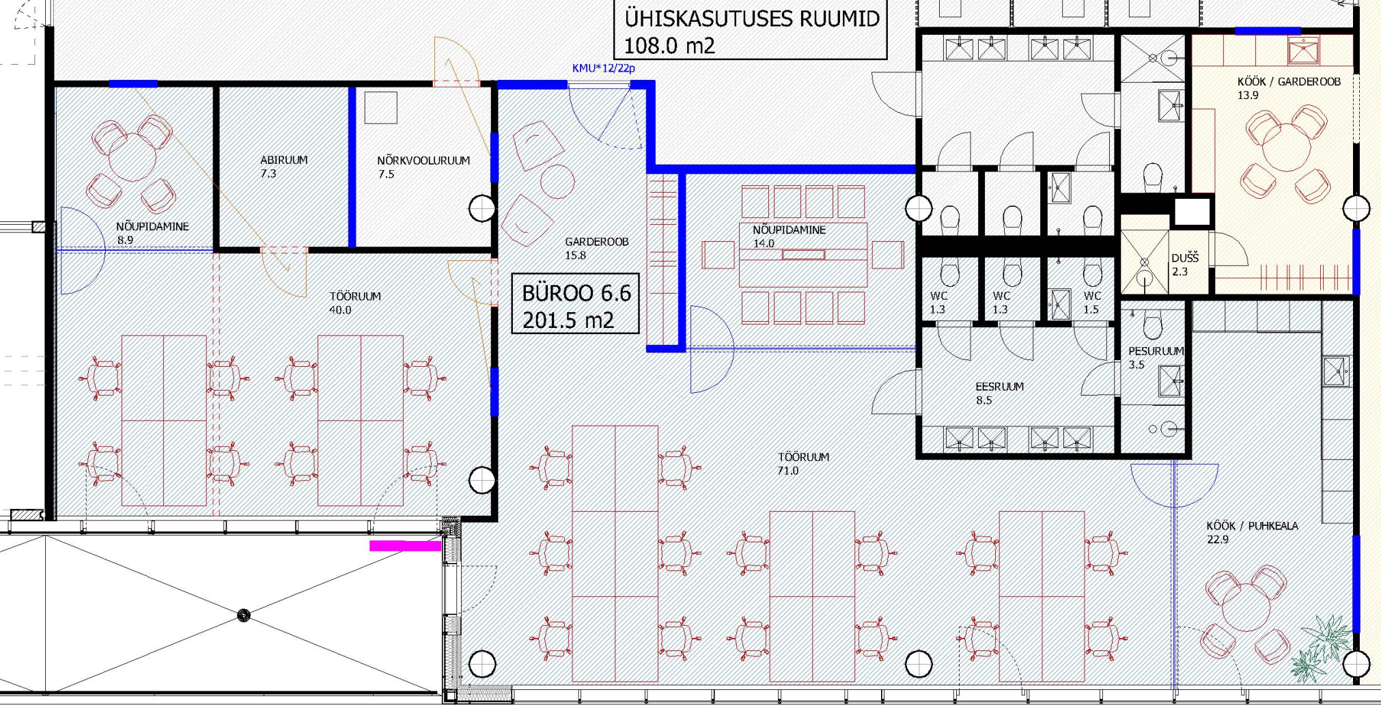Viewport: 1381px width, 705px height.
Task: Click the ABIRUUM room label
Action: (x=283, y=160)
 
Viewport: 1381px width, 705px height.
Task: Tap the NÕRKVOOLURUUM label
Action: (x=423, y=161)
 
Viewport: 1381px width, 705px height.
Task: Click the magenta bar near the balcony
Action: (x=405, y=545)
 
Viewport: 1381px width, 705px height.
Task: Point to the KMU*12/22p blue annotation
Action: (x=604, y=68)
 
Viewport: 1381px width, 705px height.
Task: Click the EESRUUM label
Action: (x=999, y=387)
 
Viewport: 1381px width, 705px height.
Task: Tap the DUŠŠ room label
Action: (x=1185, y=258)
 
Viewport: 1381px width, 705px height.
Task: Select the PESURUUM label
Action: (x=1156, y=351)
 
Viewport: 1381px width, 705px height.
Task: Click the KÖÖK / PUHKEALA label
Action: (x=1252, y=526)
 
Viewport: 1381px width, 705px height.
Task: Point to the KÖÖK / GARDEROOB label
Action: (x=1289, y=82)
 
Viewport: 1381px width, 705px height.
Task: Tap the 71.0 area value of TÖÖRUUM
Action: (x=787, y=471)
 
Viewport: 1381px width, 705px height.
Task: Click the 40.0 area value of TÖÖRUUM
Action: (x=340, y=310)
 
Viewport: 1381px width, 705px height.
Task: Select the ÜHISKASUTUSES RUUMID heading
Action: (x=752, y=18)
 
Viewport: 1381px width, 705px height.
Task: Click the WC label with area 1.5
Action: (x=1092, y=296)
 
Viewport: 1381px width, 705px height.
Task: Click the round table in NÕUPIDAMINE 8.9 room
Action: (x=132, y=157)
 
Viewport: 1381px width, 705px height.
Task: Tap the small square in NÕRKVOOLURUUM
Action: (x=380, y=107)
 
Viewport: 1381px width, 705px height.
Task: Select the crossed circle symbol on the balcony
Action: (x=243, y=616)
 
